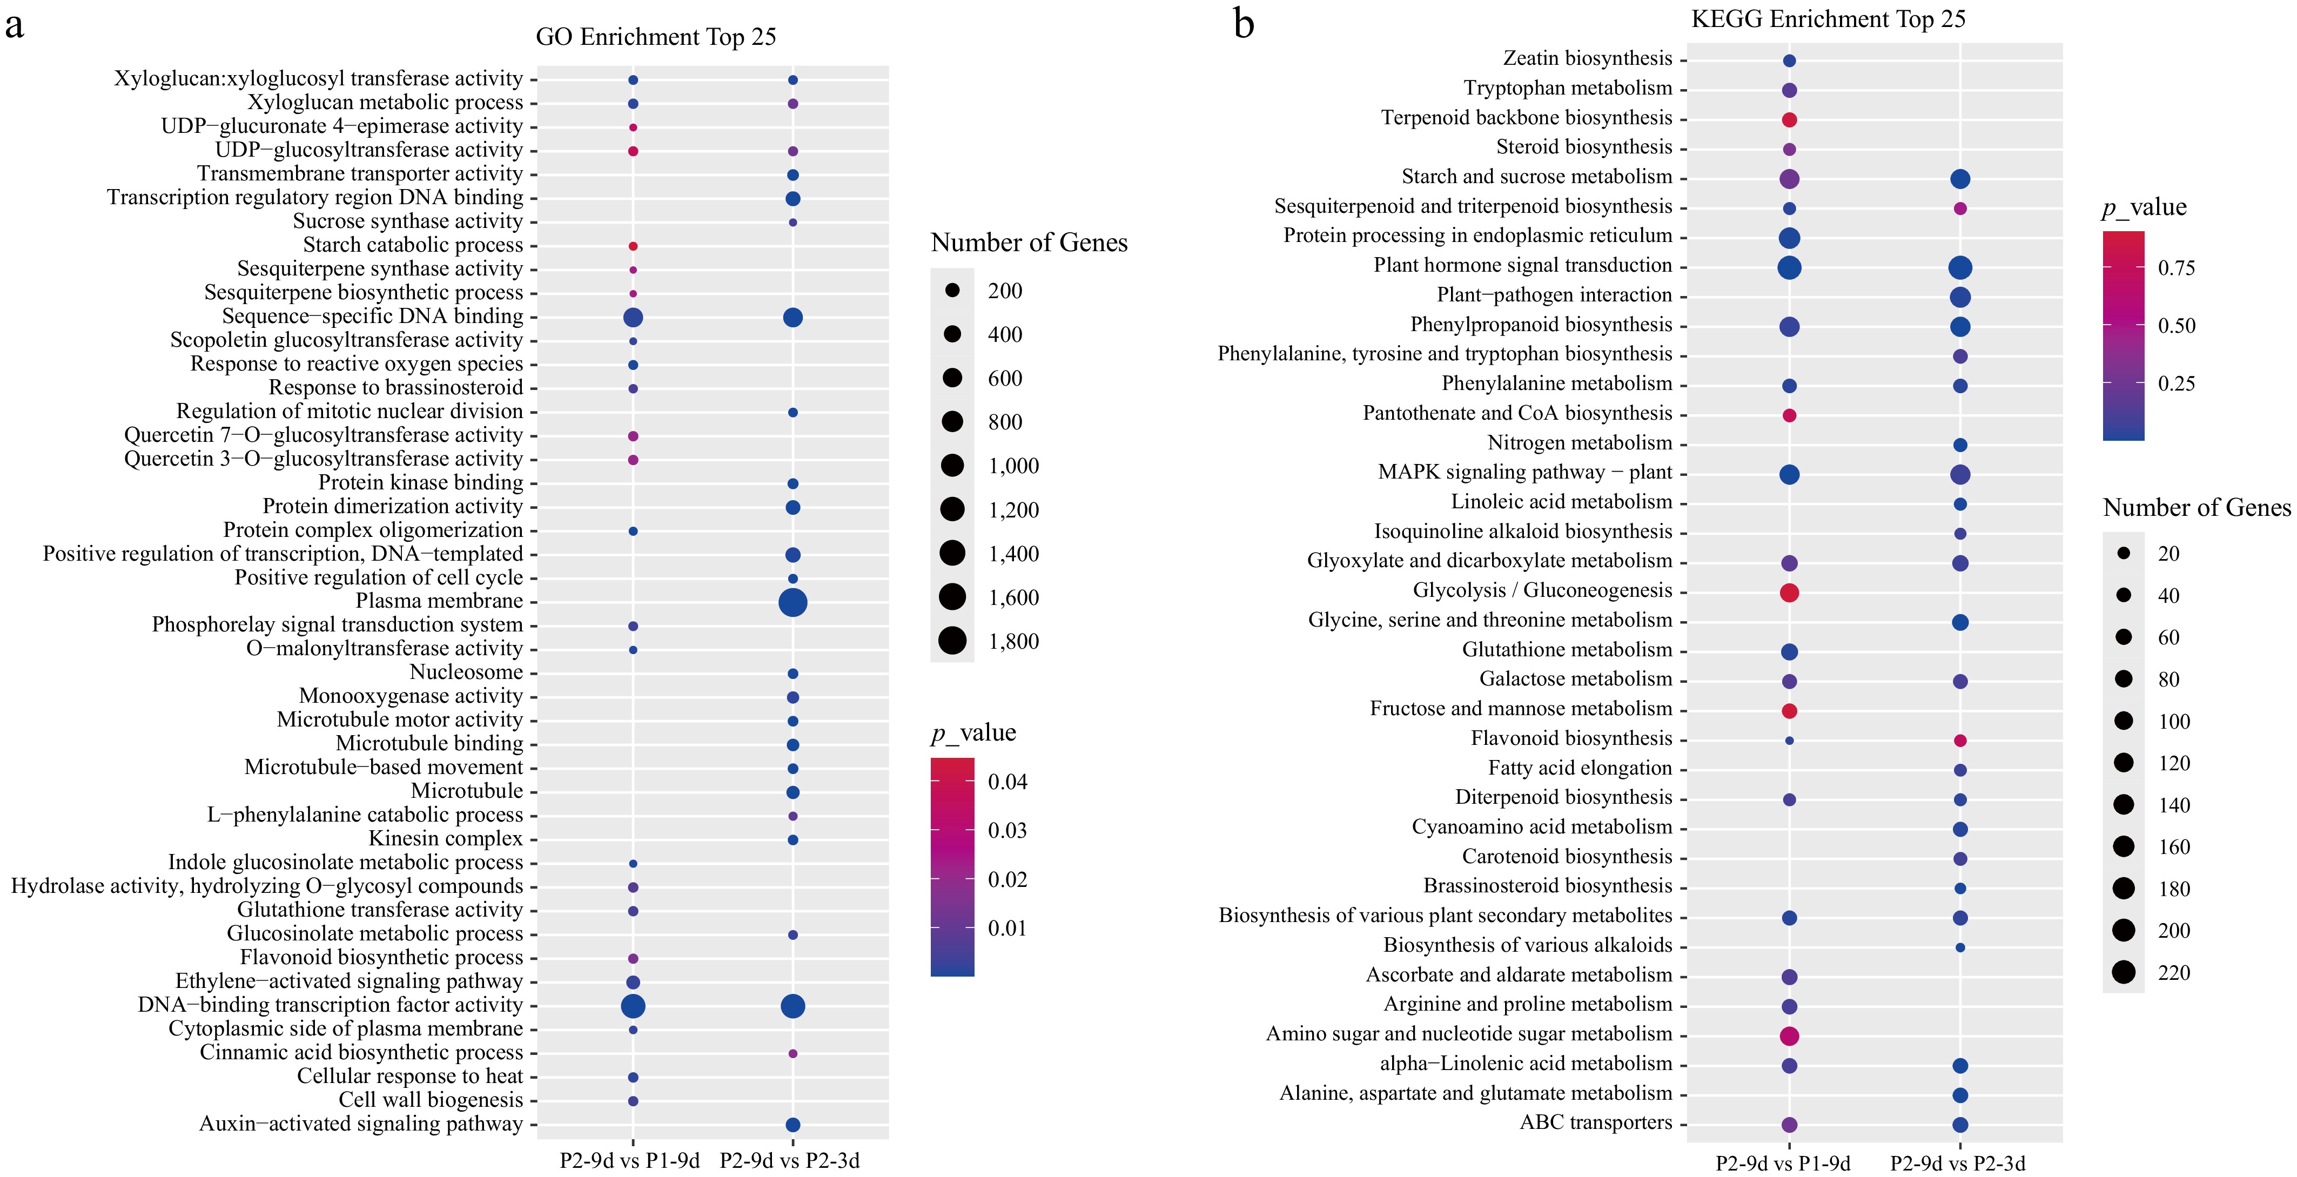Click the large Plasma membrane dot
point(792,603)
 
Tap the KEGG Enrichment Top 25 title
point(1828,19)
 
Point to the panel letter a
point(14,25)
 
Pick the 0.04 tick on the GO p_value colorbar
point(1007,782)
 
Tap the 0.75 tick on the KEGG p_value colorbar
point(2176,267)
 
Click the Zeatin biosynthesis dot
point(1789,60)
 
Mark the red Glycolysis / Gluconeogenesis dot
point(1789,592)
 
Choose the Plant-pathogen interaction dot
point(1959,297)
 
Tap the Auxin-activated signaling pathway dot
point(792,1125)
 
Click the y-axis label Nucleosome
point(466,672)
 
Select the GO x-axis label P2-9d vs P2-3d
point(789,1161)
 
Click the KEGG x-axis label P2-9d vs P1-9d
point(1783,1163)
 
